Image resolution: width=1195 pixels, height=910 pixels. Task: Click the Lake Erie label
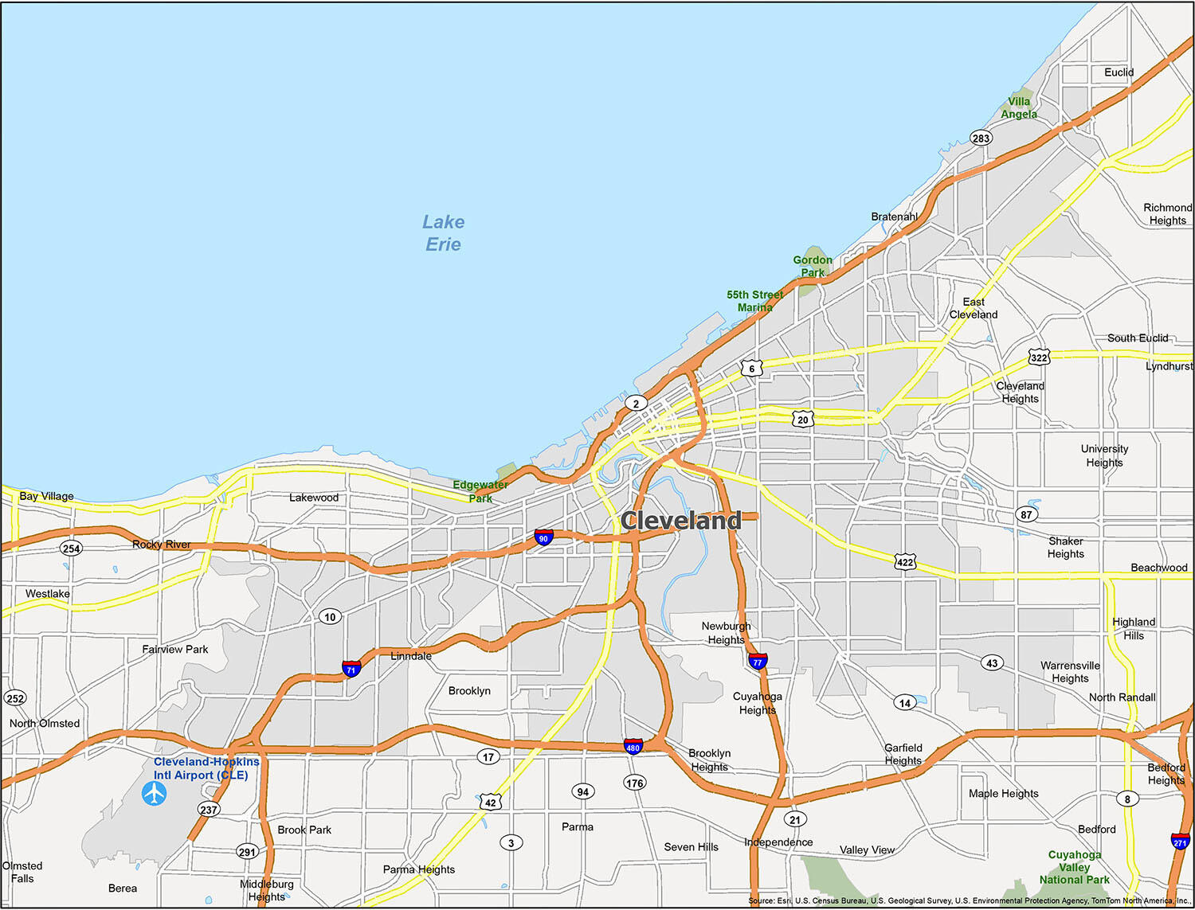[x=443, y=233]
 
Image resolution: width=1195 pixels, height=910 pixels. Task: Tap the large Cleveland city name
[x=680, y=521]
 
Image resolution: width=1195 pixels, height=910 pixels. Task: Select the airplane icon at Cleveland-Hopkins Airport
[x=155, y=794]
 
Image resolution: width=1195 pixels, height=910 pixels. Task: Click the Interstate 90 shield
[x=543, y=537]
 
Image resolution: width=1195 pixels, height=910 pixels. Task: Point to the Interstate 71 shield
[x=351, y=669]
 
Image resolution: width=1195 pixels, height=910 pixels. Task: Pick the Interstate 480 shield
[x=633, y=747]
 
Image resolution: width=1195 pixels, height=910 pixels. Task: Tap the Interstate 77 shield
[x=758, y=661]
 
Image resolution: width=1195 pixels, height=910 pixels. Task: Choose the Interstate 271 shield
[x=1180, y=842]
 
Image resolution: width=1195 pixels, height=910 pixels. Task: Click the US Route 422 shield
[x=905, y=561]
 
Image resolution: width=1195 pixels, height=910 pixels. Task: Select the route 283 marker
[x=981, y=138]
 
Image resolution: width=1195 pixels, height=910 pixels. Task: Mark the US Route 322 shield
[x=1039, y=357]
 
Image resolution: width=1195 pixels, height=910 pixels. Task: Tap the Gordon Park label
[x=813, y=266]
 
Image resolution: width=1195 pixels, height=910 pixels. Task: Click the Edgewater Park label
[x=480, y=491]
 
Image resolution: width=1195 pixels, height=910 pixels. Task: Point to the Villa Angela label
[x=1019, y=107]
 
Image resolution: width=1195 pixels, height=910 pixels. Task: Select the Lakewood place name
[x=314, y=498]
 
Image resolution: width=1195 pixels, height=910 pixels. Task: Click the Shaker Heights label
[x=1066, y=547]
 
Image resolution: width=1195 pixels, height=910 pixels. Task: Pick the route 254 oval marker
[x=72, y=548]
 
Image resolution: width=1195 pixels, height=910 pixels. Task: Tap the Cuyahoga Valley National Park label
[x=1075, y=867]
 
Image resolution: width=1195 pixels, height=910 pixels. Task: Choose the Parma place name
[x=578, y=826]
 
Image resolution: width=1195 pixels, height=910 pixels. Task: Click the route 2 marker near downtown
[x=636, y=404]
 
